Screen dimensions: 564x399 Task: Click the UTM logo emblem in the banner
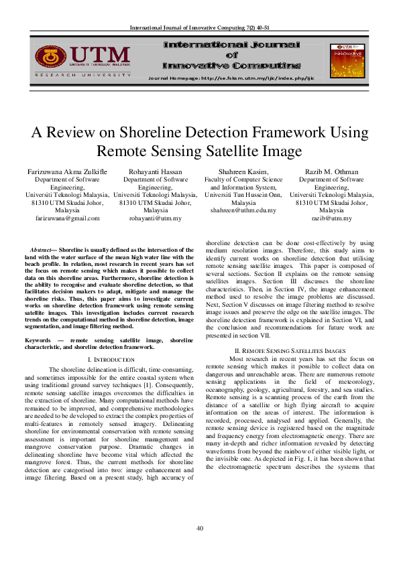pos(50,57)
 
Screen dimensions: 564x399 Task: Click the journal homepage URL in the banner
pos(230,78)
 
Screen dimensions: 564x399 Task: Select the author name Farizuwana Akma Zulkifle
pos(67,171)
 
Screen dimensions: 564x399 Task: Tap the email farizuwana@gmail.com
pos(67,218)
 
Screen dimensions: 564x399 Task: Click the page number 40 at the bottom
pos(199,529)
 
